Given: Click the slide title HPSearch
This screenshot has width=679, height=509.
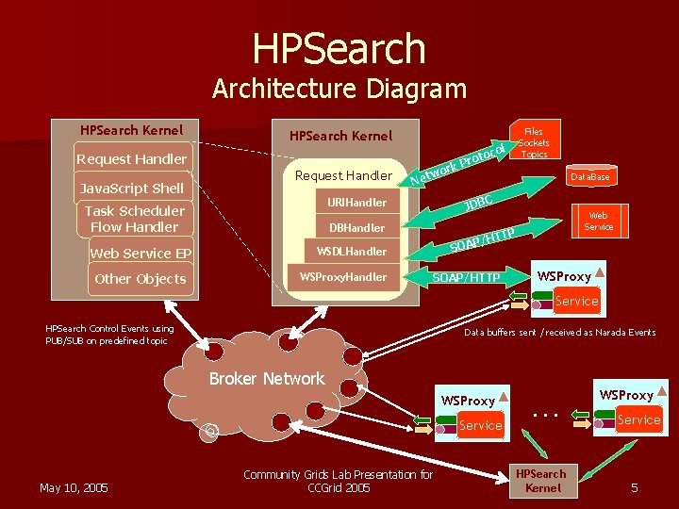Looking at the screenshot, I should tap(339, 48).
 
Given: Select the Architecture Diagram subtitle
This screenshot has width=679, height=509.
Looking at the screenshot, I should tap(339, 89).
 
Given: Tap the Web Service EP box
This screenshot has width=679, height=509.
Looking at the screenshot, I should tap(141, 253).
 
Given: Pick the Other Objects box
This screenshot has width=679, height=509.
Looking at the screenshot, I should tap(141, 278).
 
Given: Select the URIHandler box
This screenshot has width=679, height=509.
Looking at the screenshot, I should tap(356, 202).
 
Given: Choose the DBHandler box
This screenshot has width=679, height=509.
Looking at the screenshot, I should tap(356, 227).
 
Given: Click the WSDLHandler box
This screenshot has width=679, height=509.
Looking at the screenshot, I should tap(352, 252).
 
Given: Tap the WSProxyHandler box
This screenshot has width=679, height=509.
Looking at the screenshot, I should tap(342, 276).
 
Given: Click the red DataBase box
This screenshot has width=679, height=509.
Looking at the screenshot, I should tap(589, 176).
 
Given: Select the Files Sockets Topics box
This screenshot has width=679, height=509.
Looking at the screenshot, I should tap(534, 140).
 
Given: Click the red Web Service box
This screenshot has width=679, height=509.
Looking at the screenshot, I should tap(598, 221).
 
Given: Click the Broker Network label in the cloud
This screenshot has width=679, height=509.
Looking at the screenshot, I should tap(267, 378).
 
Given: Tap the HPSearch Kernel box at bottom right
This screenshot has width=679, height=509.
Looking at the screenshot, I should tap(542, 481).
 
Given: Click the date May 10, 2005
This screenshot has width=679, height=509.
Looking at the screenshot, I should tap(74, 487).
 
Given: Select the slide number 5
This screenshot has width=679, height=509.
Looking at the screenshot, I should tap(635, 487).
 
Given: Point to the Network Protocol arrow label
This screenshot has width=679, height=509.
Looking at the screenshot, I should tap(460, 161).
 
